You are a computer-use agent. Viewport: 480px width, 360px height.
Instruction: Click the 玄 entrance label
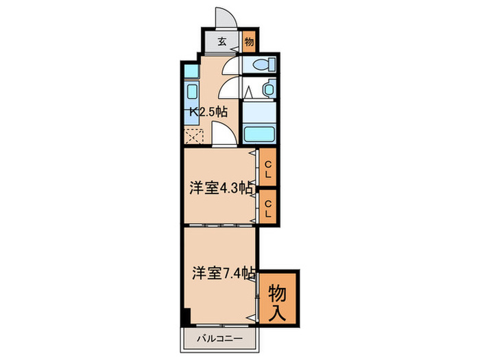point(223,41)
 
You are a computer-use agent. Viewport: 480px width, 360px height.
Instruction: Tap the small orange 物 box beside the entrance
point(249,41)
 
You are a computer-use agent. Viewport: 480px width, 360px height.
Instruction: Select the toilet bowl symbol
point(262,65)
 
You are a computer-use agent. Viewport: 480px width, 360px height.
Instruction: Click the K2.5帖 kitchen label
point(208,111)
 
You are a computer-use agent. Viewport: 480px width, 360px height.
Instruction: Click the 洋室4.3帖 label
point(219,189)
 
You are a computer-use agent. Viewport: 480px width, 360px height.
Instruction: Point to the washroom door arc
point(231,88)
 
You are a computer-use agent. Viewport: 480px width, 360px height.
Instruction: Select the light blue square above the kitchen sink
point(191,71)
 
